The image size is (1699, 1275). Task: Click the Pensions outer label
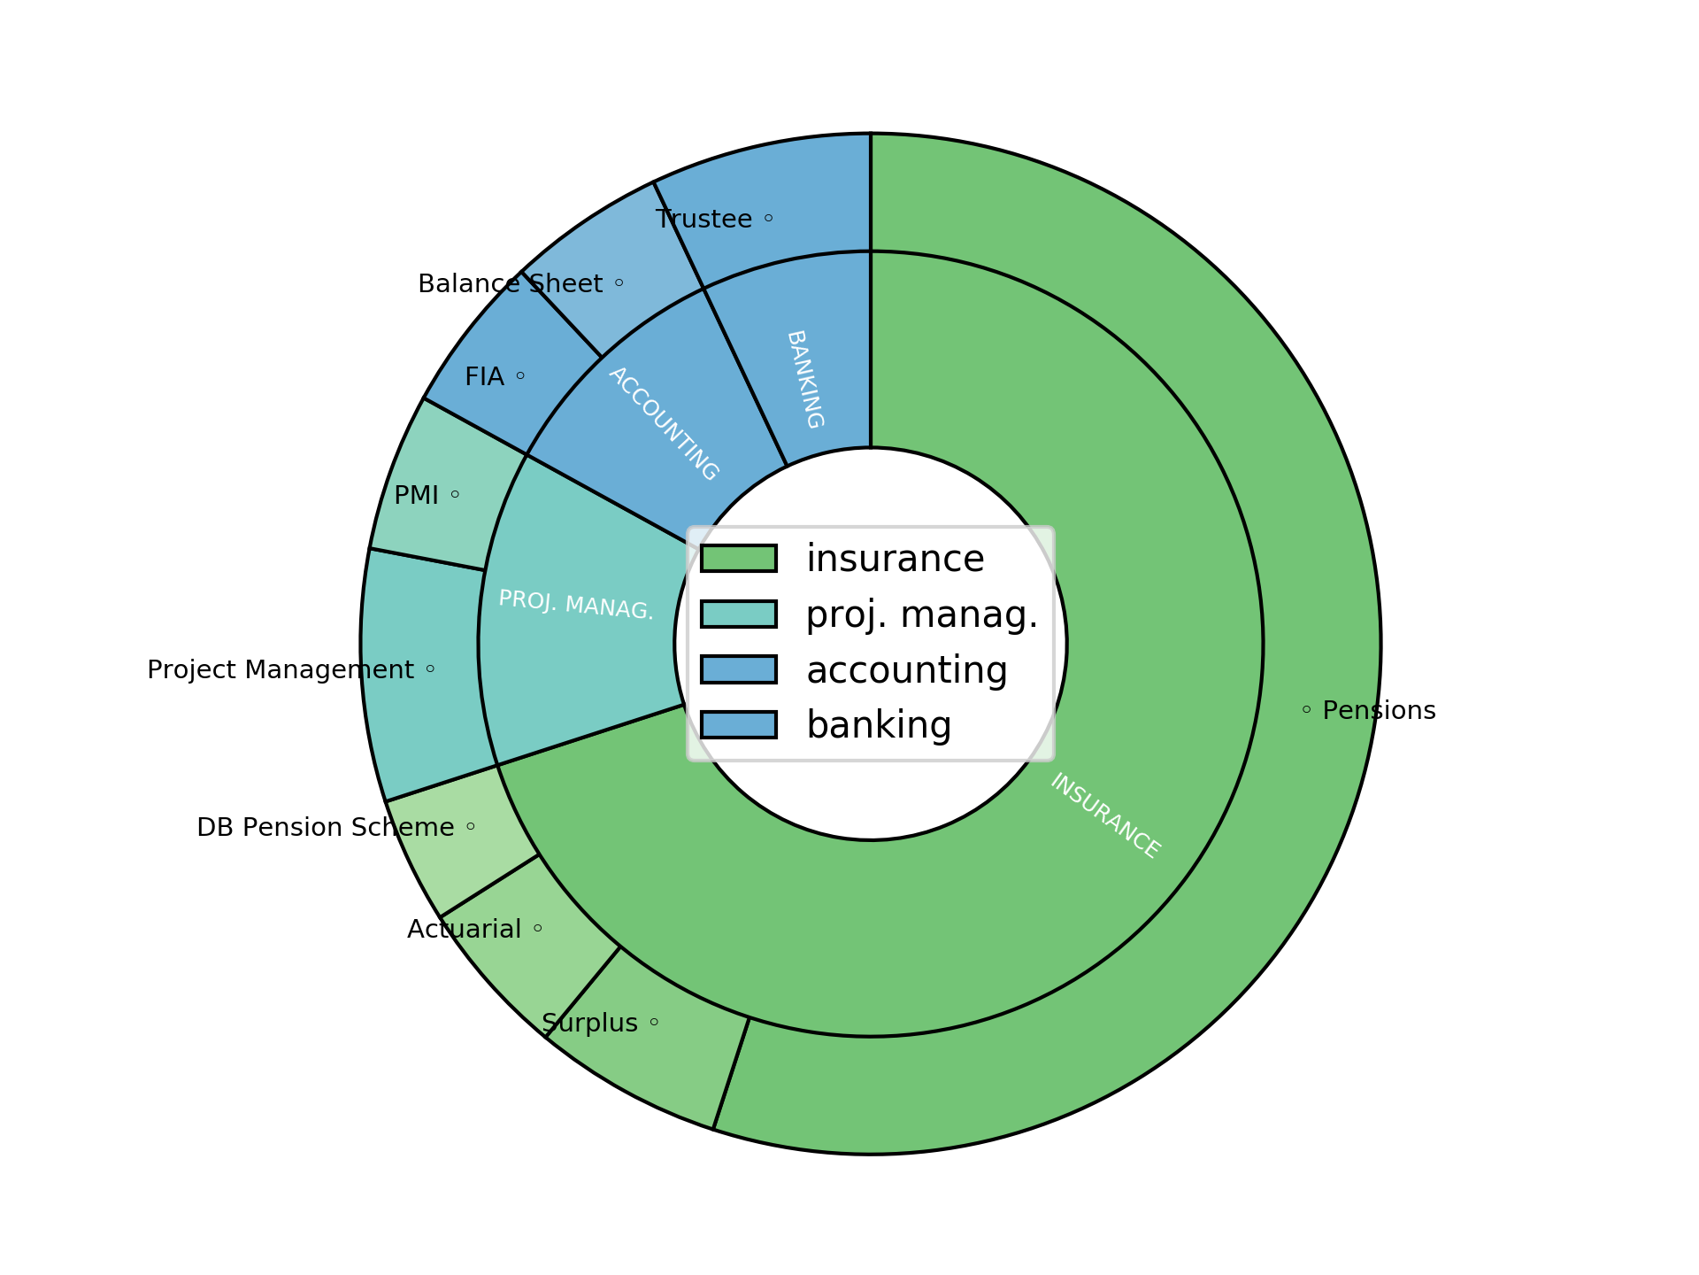point(1379,711)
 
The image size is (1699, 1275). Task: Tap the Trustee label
point(703,219)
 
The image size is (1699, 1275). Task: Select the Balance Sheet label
point(510,284)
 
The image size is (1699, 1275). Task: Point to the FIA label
point(484,377)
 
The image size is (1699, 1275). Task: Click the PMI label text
point(416,496)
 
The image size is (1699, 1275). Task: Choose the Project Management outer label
point(280,670)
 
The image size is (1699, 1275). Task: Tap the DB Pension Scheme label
point(325,828)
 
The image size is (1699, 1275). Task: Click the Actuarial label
point(464,930)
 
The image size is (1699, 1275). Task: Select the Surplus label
point(589,1024)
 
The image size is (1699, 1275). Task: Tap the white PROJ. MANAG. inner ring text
point(576,605)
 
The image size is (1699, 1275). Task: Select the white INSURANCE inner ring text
point(1104,815)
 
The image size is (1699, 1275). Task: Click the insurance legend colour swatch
point(739,559)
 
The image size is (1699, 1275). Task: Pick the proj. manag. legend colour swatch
point(739,614)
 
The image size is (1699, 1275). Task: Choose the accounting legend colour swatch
point(739,670)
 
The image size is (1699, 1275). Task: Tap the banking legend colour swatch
point(739,725)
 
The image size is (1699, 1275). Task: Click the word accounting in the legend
point(906,670)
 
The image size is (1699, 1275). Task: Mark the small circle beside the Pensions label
point(1306,709)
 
